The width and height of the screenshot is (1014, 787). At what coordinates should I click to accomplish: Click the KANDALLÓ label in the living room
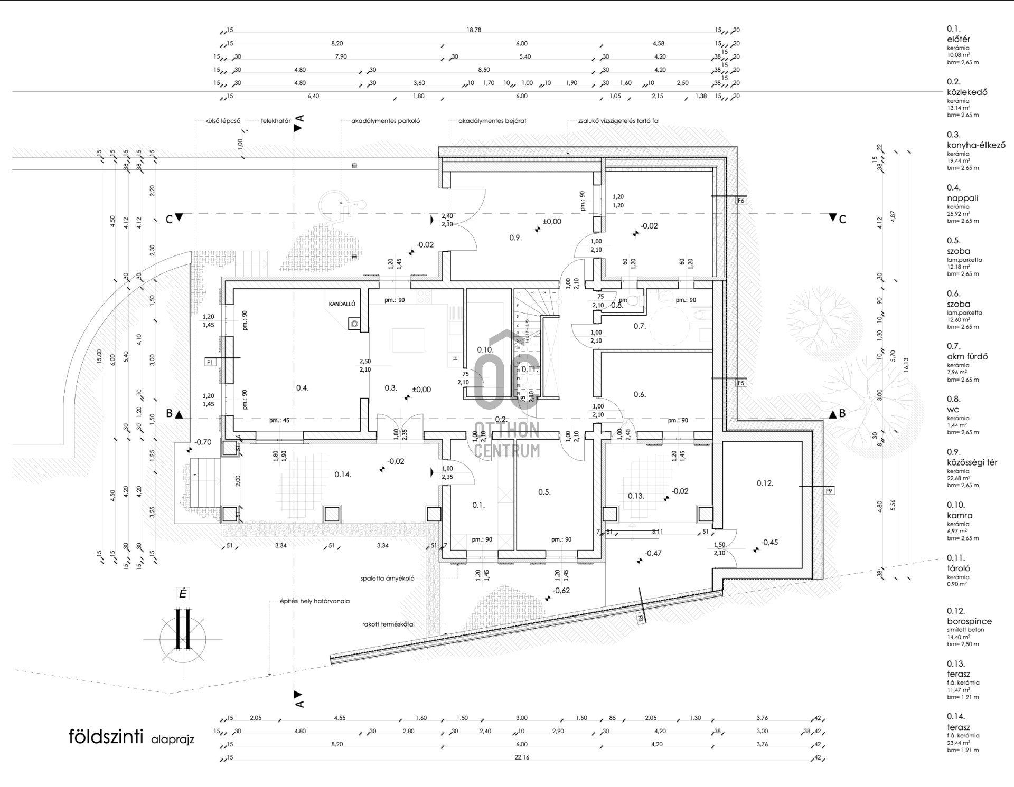click(342, 304)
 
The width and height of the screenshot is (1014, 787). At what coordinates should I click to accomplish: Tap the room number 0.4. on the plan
click(302, 388)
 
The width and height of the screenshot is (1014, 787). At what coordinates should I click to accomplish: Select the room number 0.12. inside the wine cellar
click(765, 483)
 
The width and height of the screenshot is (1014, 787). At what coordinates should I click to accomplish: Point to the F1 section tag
click(210, 362)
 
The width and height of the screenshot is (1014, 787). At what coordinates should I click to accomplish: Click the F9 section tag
click(829, 491)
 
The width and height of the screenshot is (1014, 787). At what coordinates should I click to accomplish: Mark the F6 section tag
click(741, 201)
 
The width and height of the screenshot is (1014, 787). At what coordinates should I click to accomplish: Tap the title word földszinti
click(106, 736)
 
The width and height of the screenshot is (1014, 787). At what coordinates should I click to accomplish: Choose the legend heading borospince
click(969, 621)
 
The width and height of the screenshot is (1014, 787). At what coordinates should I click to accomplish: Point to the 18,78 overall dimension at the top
click(474, 30)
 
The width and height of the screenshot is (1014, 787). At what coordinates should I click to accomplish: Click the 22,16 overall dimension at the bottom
click(521, 757)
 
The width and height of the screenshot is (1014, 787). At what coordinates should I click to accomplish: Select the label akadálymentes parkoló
click(386, 121)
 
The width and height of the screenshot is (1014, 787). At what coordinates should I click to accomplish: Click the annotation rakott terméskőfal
click(388, 624)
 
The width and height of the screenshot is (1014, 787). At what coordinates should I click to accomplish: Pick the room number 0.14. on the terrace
click(343, 475)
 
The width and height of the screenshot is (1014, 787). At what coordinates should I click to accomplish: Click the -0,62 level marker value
click(561, 591)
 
